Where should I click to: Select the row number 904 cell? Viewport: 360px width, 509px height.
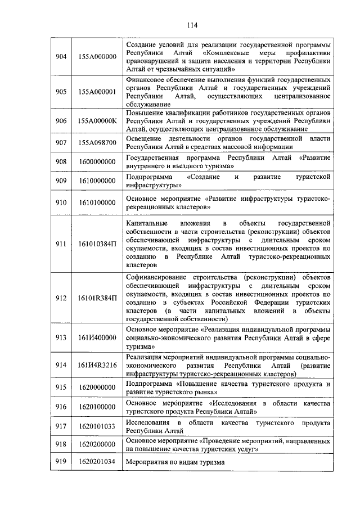tap(61, 57)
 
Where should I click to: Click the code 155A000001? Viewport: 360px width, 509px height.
tap(97, 92)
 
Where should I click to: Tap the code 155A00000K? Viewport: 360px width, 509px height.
tap(97, 120)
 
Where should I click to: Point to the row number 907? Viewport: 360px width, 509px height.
tap(61, 143)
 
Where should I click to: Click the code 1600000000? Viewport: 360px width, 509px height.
tap(97, 162)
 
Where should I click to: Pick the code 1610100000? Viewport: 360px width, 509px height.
tap(97, 202)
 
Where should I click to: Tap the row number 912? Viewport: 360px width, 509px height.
tap(61, 298)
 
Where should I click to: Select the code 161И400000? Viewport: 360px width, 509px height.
tap(97, 337)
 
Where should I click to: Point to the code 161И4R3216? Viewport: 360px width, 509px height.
tap(97, 365)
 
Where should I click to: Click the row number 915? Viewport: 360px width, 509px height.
tap(61, 388)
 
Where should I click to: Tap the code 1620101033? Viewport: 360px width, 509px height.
tap(97, 426)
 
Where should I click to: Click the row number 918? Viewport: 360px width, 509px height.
tap(61, 444)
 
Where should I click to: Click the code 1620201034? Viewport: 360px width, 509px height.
tap(97, 462)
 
